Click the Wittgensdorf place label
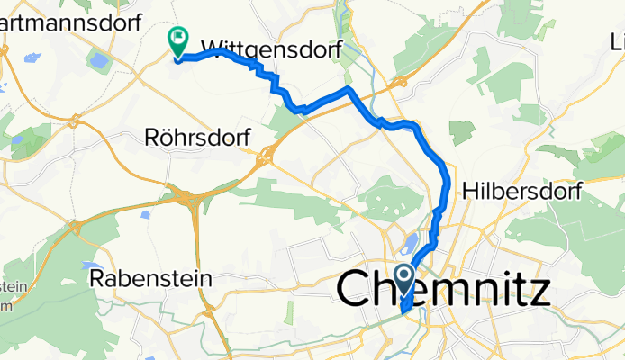(270, 50)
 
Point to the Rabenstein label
(151, 279)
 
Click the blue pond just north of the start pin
(412, 245)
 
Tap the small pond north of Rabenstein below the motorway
(145, 215)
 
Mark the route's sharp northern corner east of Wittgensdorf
(348, 91)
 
